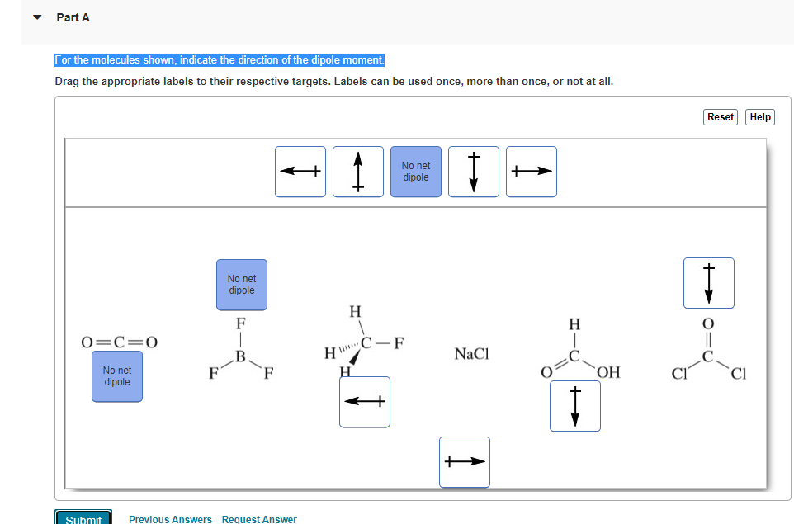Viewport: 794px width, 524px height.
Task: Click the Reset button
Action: (720, 117)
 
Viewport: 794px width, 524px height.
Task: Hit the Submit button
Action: (83, 519)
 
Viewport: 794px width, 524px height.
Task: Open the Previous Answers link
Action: (170, 519)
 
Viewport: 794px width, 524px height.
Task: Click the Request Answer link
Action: (259, 519)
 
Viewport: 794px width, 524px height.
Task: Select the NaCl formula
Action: (471, 354)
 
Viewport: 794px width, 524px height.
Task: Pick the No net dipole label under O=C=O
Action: (117, 377)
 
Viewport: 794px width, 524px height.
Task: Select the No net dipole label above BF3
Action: (242, 285)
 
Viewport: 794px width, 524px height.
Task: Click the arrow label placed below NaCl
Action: (465, 462)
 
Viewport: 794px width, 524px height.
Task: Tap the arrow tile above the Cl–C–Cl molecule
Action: (708, 283)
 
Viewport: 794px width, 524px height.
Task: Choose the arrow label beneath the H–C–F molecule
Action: (365, 402)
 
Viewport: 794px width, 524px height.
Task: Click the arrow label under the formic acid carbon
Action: (575, 406)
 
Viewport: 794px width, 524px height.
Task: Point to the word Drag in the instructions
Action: (68, 82)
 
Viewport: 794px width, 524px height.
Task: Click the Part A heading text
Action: (73, 17)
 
